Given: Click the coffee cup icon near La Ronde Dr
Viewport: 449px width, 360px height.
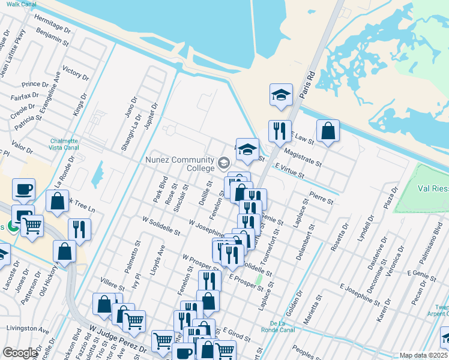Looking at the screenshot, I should click(23, 189).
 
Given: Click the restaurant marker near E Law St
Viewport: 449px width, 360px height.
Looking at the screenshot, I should click(279, 131).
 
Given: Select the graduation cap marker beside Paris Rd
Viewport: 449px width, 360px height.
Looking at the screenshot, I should click(280, 94).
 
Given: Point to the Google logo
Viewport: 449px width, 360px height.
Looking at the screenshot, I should click(19, 353).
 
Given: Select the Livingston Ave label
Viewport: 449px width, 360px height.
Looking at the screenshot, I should click(28, 329).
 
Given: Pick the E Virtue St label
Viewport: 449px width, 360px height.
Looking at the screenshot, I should click(290, 172).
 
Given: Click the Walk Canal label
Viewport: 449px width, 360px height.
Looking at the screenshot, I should click(21, 4).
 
